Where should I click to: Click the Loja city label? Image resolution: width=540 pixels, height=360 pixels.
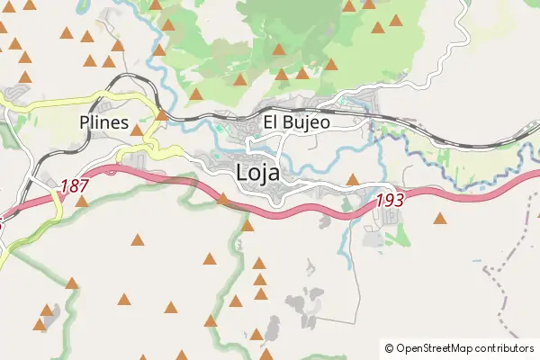coord(257,172)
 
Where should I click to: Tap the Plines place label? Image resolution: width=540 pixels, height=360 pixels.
coord(103,123)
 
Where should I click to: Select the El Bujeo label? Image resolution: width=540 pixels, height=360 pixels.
coord(296,121)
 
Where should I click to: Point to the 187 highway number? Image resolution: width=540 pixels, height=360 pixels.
coord(75,186)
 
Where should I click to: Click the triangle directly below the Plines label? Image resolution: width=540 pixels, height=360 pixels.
coord(137,130)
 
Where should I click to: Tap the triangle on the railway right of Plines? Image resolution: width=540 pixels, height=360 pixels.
coord(161,114)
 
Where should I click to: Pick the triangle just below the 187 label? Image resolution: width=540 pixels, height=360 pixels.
coord(82,202)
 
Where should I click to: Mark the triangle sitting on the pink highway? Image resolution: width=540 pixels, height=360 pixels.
coord(223,198)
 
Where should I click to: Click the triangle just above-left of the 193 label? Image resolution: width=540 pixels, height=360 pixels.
coord(353,179)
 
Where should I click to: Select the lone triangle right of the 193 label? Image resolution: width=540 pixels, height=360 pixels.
coord(440,218)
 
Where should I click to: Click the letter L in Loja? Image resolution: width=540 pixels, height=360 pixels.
coord(242,172)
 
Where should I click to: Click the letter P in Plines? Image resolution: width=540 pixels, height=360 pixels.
coord(85,123)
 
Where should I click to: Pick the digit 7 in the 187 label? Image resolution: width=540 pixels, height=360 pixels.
coord(85,186)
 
